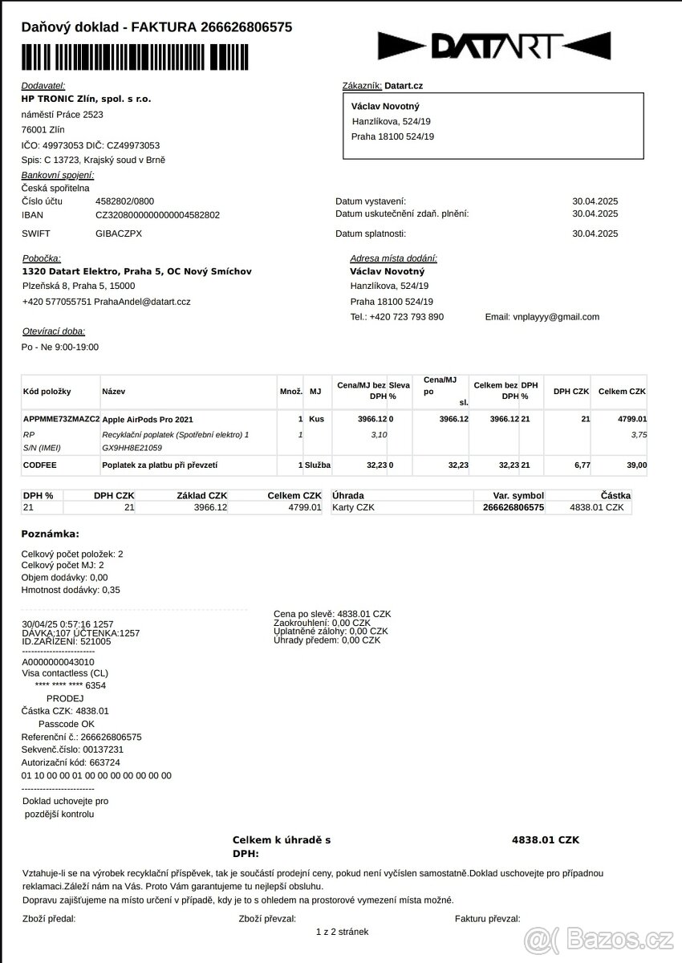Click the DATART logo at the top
coord(494,46)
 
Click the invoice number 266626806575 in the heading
coord(246,27)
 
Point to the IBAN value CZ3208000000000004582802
coord(157,215)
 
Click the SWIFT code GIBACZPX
coord(119,234)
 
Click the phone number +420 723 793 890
coord(406,317)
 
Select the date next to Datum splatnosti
coord(595,234)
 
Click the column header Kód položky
coord(47,392)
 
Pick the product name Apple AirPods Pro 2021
coord(148,420)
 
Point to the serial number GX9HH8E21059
coord(132,448)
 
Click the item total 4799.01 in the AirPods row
coord(631,420)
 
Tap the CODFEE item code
coord(40,465)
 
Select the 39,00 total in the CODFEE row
coord(635,465)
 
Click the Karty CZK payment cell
coord(353,508)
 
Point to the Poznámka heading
coord(50,534)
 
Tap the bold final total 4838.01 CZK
coord(545,840)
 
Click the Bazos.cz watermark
coord(599,938)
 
